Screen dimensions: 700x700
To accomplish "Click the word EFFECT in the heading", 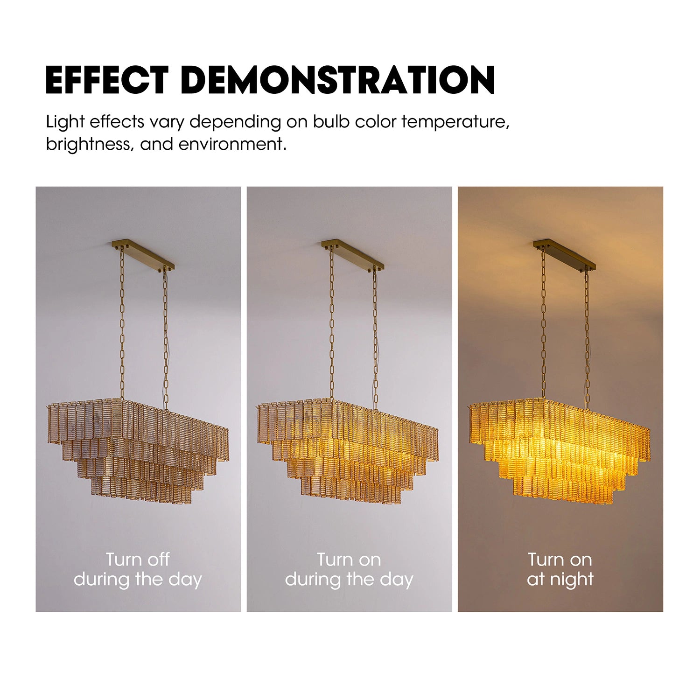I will (x=107, y=80).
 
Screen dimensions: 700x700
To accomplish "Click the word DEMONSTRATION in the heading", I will (x=337, y=80).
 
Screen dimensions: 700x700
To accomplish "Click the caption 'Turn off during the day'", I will (x=138, y=569).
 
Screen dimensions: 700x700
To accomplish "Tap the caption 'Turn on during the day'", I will (x=349, y=569).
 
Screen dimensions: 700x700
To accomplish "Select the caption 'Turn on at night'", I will (x=560, y=569).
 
